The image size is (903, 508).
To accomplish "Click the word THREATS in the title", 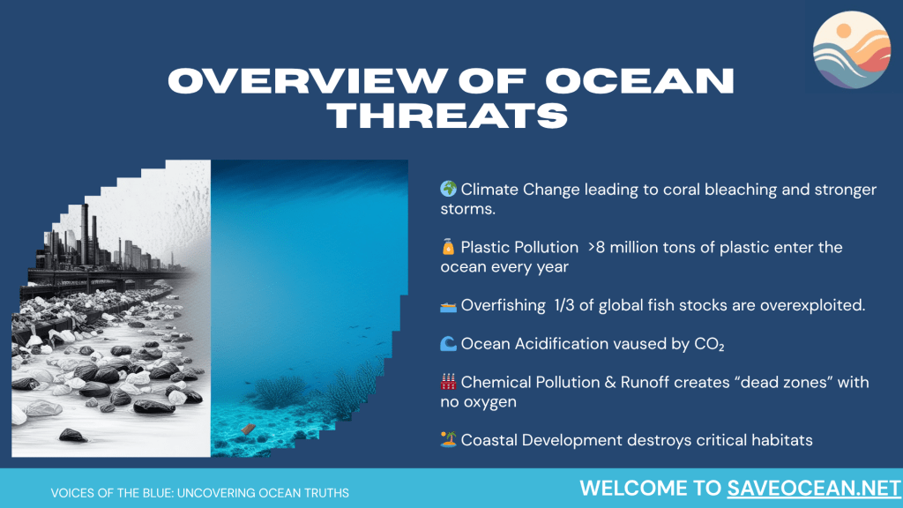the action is tap(448, 116).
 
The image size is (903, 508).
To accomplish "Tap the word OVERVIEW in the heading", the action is tap(308, 80).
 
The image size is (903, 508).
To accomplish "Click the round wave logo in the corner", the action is tap(852, 50).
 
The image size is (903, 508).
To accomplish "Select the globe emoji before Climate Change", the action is tap(449, 189).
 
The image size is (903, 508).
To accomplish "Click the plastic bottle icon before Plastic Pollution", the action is tap(448, 247).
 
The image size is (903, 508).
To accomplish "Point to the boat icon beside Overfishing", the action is tap(448, 306).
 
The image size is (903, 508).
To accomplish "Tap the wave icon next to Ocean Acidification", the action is tap(448, 344).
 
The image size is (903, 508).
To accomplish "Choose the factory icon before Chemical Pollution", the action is tap(448, 381).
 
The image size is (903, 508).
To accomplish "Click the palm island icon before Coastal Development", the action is tap(448, 439).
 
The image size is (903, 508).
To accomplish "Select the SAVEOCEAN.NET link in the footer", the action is tap(814, 489).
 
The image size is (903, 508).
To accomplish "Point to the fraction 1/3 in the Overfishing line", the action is tap(564, 304).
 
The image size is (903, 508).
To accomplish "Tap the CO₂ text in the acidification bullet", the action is tap(709, 344).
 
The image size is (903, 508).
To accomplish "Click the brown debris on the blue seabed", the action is tap(248, 429).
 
